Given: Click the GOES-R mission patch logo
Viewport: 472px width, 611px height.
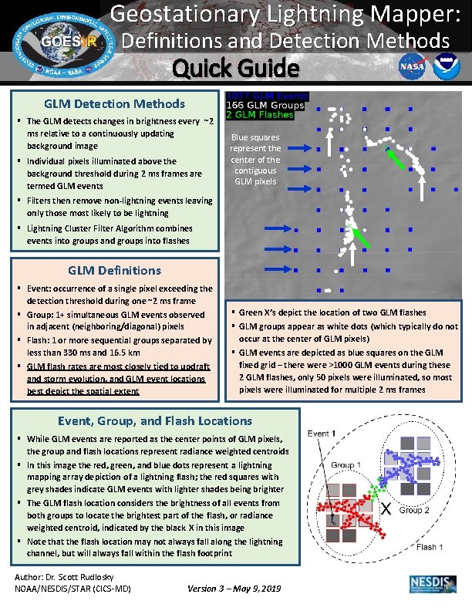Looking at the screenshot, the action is tap(63, 41).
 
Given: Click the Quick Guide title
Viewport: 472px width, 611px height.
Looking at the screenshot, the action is tap(235, 69).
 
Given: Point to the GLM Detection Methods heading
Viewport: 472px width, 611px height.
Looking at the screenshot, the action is tap(114, 103).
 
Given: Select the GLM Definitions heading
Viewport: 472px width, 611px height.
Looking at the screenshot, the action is tap(114, 270).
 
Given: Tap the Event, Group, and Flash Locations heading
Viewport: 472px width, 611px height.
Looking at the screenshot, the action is tap(155, 420).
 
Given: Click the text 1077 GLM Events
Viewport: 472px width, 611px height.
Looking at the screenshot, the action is tap(267, 96).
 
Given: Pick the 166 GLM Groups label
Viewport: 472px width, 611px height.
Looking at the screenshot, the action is tap(265, 105).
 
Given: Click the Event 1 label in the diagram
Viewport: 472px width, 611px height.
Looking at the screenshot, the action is tap(322, 434).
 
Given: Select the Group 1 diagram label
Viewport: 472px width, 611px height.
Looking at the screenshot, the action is tap(346, 464).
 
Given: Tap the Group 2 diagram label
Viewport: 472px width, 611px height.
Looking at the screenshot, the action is tap(413, 510).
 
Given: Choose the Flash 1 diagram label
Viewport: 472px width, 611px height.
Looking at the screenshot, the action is tap(430, 547).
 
